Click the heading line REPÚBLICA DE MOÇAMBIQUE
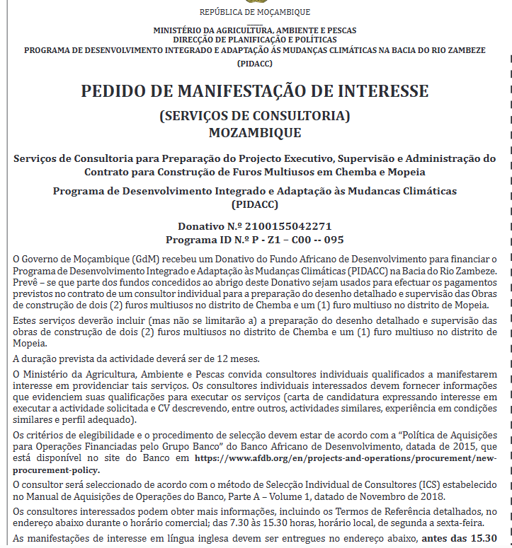[255, 12]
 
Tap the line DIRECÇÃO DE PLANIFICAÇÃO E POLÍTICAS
[255, 40]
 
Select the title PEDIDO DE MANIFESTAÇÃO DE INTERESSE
[255, 91]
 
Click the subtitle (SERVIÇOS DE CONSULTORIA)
[255, 116]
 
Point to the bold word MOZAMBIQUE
[255, 132]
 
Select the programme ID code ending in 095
[290, 240]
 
